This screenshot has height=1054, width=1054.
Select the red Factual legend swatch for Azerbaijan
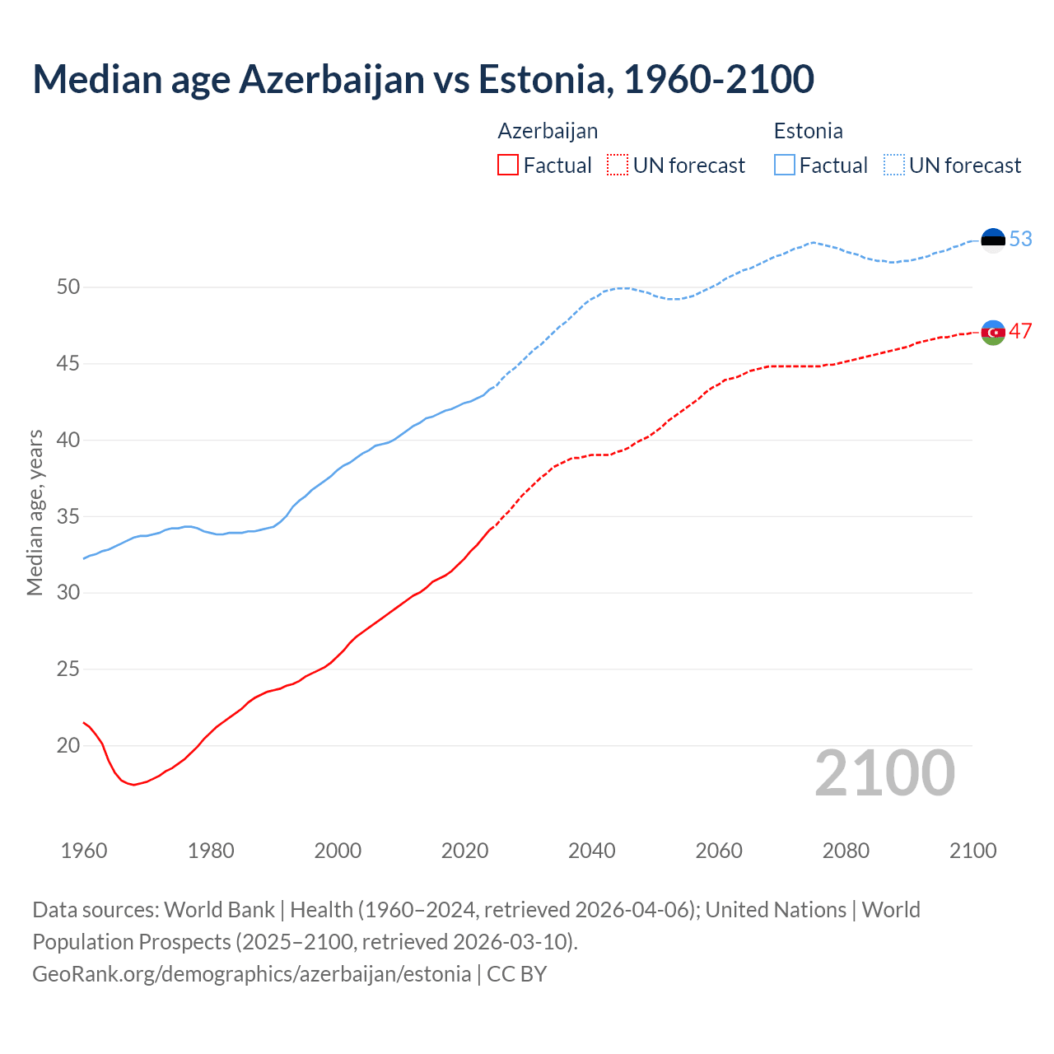coord(508,165)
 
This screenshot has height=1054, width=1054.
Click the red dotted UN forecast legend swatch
coord(618,165)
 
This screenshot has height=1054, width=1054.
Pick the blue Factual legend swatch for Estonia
coord(785,165)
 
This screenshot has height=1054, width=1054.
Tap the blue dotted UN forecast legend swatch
coord(894,165)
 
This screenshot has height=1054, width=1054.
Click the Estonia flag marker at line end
coord(993,240)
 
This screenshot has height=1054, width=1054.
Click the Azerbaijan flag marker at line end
coord(993,333)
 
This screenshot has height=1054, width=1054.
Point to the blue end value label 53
coord(1021,239)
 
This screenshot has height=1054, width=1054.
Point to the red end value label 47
coord(1021,331)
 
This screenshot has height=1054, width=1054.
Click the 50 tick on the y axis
coord(68,287)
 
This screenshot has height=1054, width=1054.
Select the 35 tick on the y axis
coord(68,516)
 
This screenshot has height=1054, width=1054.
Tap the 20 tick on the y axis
coord(68,745)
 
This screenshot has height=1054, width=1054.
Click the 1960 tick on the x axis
coord(84,851)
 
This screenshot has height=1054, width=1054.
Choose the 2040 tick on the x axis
coord(592,851)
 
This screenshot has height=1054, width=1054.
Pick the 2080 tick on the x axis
coord(846,851)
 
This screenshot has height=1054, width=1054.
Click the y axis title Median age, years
coord(35,512)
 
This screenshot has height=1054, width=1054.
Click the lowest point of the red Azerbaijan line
coord(133,785)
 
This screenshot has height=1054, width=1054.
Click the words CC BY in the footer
coord(516,974)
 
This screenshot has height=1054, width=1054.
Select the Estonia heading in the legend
coord(808,131)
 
